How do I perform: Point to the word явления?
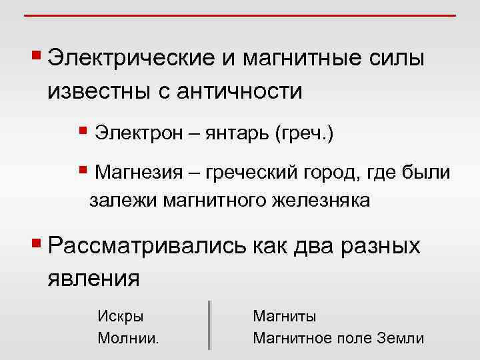93,277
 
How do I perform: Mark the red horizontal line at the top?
240,15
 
